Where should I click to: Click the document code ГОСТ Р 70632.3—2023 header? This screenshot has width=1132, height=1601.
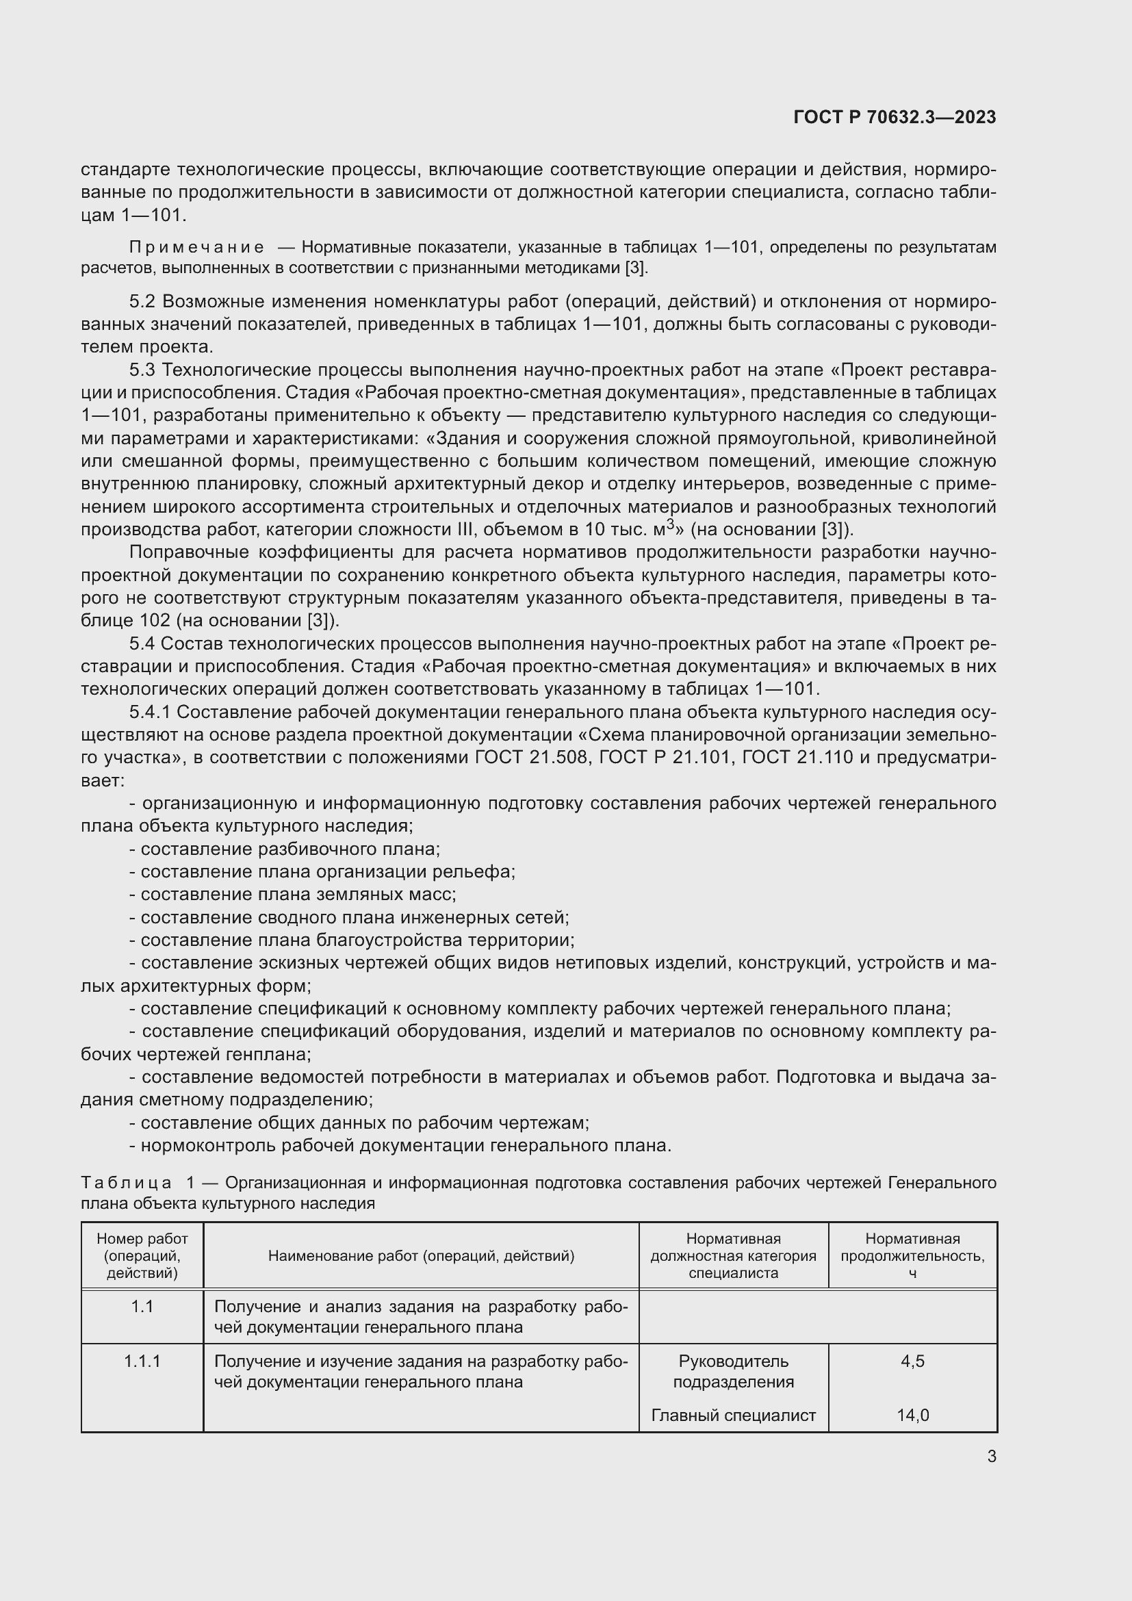[x=895, y=117]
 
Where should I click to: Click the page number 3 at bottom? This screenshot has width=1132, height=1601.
[x=991, y=1456]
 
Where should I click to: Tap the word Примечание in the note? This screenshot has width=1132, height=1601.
[x=196, y=248]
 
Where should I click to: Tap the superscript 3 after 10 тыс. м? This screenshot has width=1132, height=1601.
[x=671, y=524]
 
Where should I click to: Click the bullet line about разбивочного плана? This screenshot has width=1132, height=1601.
[x=285, y=849]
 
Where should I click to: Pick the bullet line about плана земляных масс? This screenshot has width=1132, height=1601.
[x=293, y=894]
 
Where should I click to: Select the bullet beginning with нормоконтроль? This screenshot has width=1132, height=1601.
[x=400, y=1145]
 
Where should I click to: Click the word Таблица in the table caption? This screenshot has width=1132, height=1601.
[x=127, y=1183]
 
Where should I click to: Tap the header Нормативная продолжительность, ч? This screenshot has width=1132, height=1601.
[x=912, y=1255]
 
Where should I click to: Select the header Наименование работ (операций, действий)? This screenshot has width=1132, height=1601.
[x=421, y=1256]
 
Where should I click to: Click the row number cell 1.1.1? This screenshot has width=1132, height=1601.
[x=142, y=1361]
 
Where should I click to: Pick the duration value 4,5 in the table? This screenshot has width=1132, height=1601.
[x=912, y=1361]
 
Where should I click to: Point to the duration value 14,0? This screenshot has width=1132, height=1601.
[x=912, y=1415]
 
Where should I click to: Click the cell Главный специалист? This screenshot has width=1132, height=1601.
[x=733, y=1415]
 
